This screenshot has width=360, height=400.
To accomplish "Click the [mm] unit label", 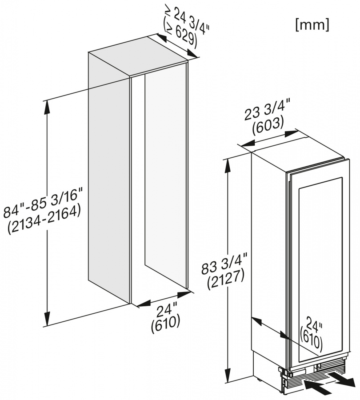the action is pyautogui.click(x=312, y=25).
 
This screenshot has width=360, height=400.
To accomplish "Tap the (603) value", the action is pyautogui.click(x=268, y=127).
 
